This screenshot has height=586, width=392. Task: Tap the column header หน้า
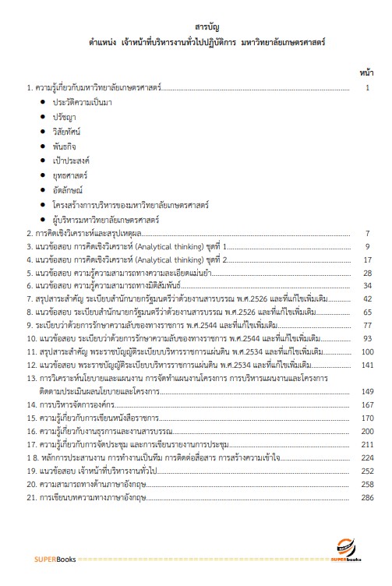(x=367, y=72)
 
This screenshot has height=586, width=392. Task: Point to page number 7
(x=367, y=233)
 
